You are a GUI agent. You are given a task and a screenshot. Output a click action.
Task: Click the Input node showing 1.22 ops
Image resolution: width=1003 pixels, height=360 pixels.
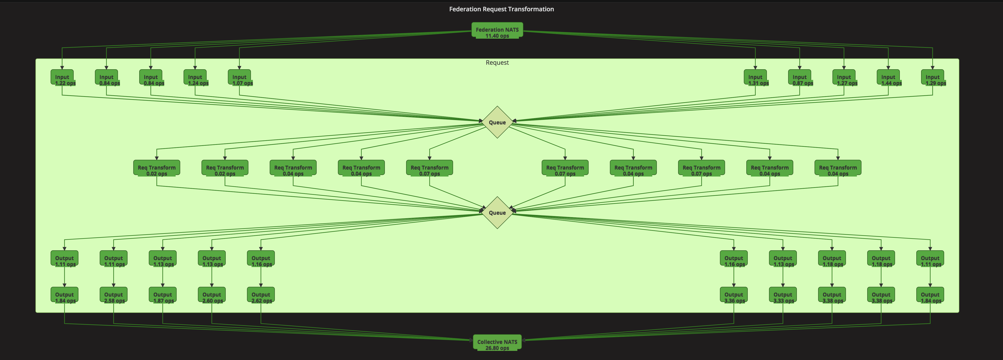pos(62,78)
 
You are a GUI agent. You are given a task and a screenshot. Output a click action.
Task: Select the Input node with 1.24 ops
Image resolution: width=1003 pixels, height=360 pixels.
pos(195,78)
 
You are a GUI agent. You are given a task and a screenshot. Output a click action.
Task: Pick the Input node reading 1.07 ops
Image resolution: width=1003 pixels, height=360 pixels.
pos(240,78)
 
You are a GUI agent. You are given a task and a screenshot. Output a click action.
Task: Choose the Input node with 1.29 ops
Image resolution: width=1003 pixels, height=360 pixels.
pos(933,78)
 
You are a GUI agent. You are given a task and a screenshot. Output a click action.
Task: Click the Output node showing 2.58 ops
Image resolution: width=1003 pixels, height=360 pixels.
pos(113,295)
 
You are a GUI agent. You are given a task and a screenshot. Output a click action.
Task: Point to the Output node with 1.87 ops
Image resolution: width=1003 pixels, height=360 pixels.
pos(162,295)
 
